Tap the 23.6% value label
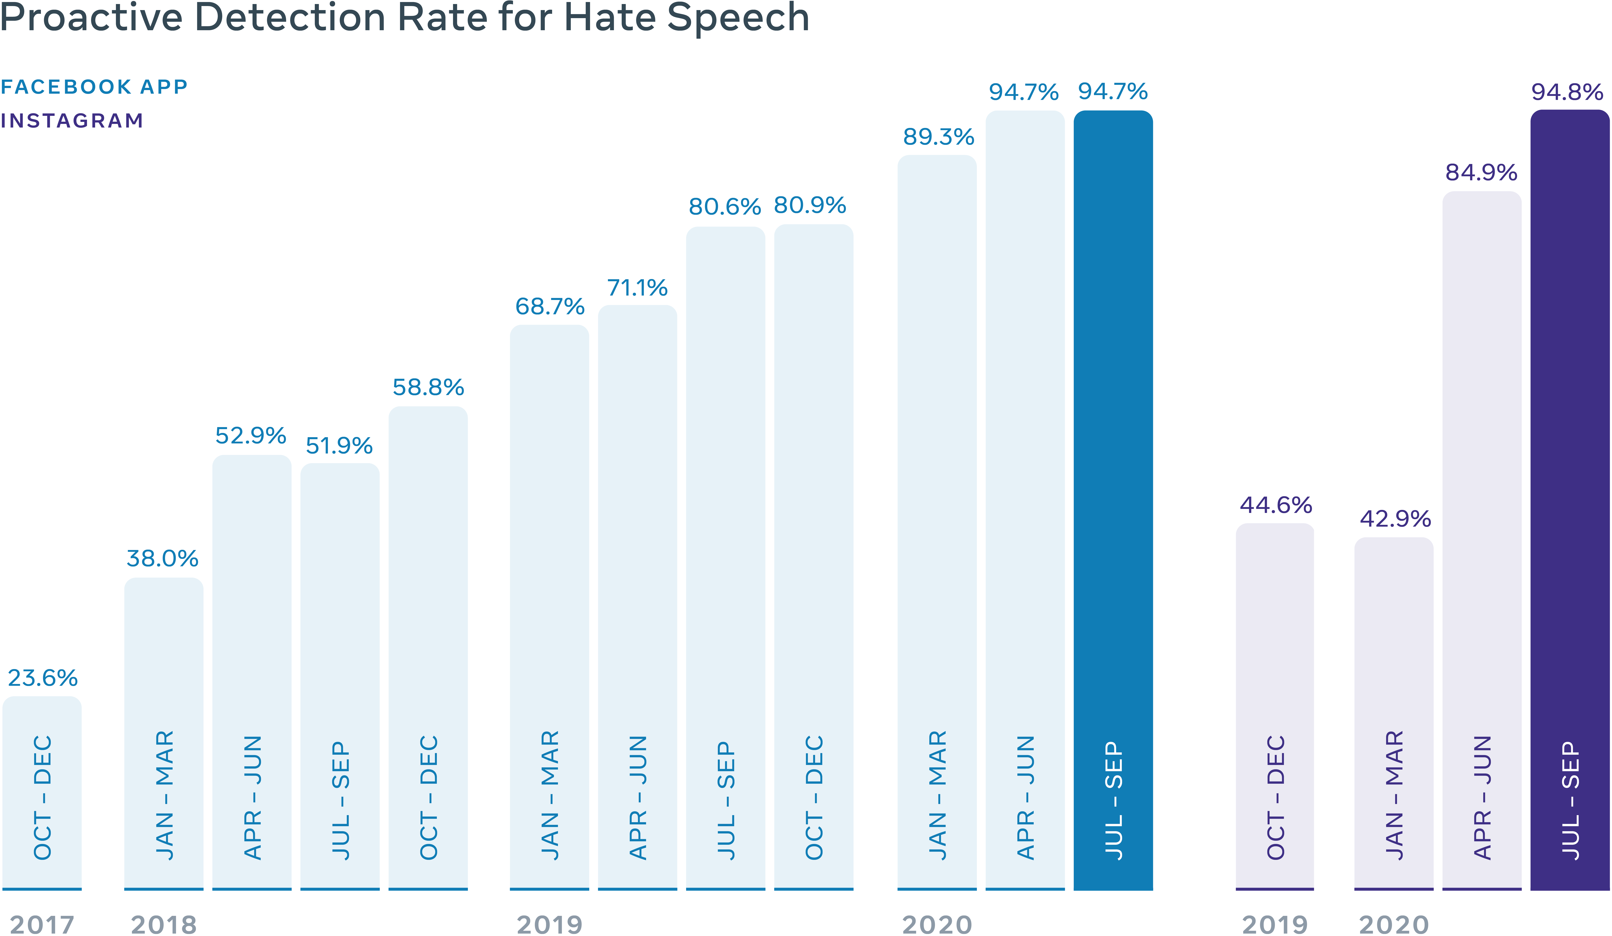coord(42,678)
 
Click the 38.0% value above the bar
coord(162,558)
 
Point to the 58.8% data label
coord(428,387)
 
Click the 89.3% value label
coord(938,137)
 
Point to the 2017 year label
coord(42,924)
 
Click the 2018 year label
coord(164,924)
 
